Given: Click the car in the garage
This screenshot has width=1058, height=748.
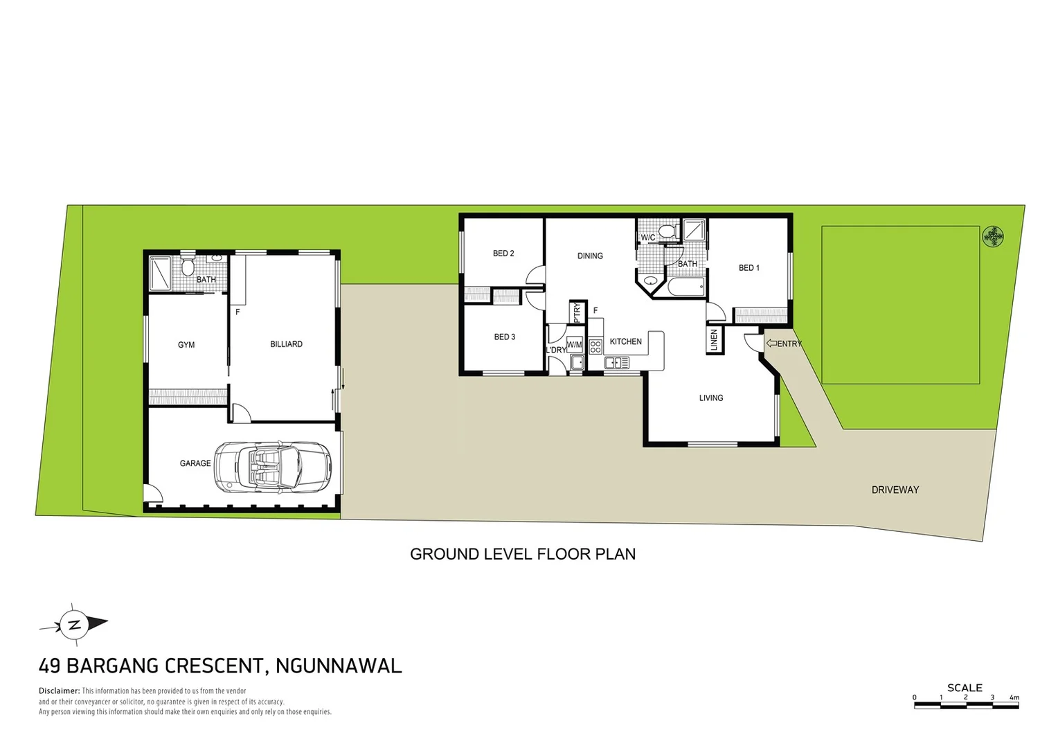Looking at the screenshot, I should [271, 467].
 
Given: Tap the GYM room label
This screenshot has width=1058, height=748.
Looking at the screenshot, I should [186, 345].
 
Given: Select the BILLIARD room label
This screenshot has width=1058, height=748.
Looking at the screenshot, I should [286, 344].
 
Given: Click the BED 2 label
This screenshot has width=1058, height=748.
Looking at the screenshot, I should [503, 253].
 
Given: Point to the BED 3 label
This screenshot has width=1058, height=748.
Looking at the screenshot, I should [505, 337].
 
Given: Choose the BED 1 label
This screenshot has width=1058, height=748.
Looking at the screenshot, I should [749, 268].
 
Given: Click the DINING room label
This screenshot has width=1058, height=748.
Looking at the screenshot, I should [590, 256].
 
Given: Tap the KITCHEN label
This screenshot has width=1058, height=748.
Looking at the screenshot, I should [625, 341].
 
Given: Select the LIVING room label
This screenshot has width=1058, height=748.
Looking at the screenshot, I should [711, 398].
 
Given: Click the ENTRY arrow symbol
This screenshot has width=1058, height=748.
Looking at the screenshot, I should [771, 344].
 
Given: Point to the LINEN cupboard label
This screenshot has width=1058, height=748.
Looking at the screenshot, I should [715, 340].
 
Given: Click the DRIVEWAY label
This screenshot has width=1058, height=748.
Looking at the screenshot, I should [895, 490].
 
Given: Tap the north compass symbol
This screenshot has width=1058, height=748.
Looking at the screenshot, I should [73, 624].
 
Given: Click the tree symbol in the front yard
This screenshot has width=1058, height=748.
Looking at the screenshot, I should [994, 237].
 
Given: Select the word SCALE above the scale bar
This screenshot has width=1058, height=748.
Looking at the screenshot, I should [965, 688].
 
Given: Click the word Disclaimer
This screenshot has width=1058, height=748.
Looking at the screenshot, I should [59, 691].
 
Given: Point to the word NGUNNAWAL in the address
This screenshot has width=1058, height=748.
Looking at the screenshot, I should [339, 666].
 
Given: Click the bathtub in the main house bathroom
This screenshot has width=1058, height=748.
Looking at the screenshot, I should [685, 285].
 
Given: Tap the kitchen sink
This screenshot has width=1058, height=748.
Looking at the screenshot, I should [616, 362].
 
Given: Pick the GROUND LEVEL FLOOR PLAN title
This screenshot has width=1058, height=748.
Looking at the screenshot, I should [523, 554].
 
